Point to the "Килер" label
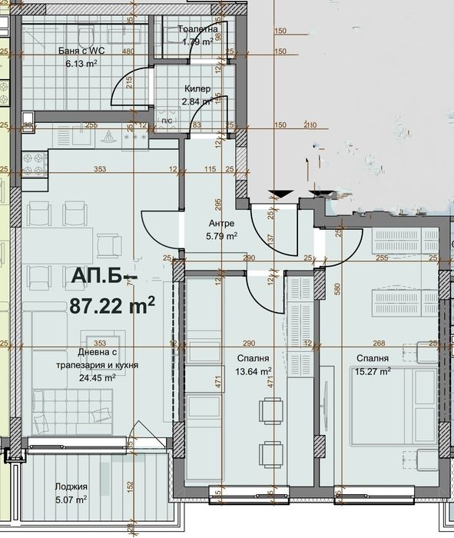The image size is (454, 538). click(197, 88)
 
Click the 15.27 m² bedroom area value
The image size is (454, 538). click(372, 371)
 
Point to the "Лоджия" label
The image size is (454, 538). click(71, 487)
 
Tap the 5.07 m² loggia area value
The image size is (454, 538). click(71, 499)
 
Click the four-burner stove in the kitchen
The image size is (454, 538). click(34, 162)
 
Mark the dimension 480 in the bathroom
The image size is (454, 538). click(129, 51)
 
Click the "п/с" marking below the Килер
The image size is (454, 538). click(167, 121)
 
